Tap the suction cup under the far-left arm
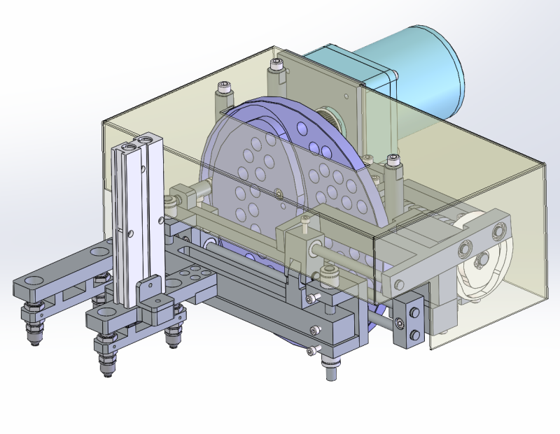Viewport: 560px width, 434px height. click(33, 328)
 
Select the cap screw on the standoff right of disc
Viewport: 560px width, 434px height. click(393, 161)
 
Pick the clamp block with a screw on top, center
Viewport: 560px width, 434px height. click(302, 241)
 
